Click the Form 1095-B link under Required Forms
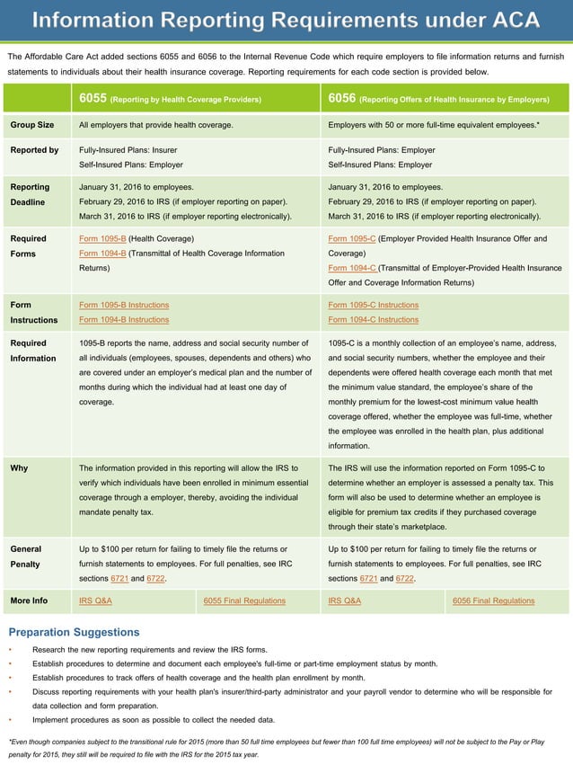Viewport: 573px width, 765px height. pos(102,239)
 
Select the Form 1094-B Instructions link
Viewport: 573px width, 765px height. pos(124,320)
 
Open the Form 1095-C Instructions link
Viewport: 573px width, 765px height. pos(373,306)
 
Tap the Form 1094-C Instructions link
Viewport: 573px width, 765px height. pos(373,320)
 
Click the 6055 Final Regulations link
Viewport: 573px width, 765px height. pos(244,600)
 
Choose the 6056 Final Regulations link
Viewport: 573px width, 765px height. pos(493,600)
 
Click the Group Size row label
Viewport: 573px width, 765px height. pos(32,125)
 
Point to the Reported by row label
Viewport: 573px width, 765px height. pos(34,150)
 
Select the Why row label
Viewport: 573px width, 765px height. pos(19,468)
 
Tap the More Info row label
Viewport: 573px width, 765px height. pos(29,600)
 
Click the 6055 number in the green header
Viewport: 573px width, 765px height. pos(92,98)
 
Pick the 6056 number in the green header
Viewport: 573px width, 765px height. pos(341,98)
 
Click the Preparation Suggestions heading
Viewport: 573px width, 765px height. pos(74,633)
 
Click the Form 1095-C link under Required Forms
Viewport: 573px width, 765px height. pos(352,239)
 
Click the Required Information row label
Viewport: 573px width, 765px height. pos(34,351)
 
